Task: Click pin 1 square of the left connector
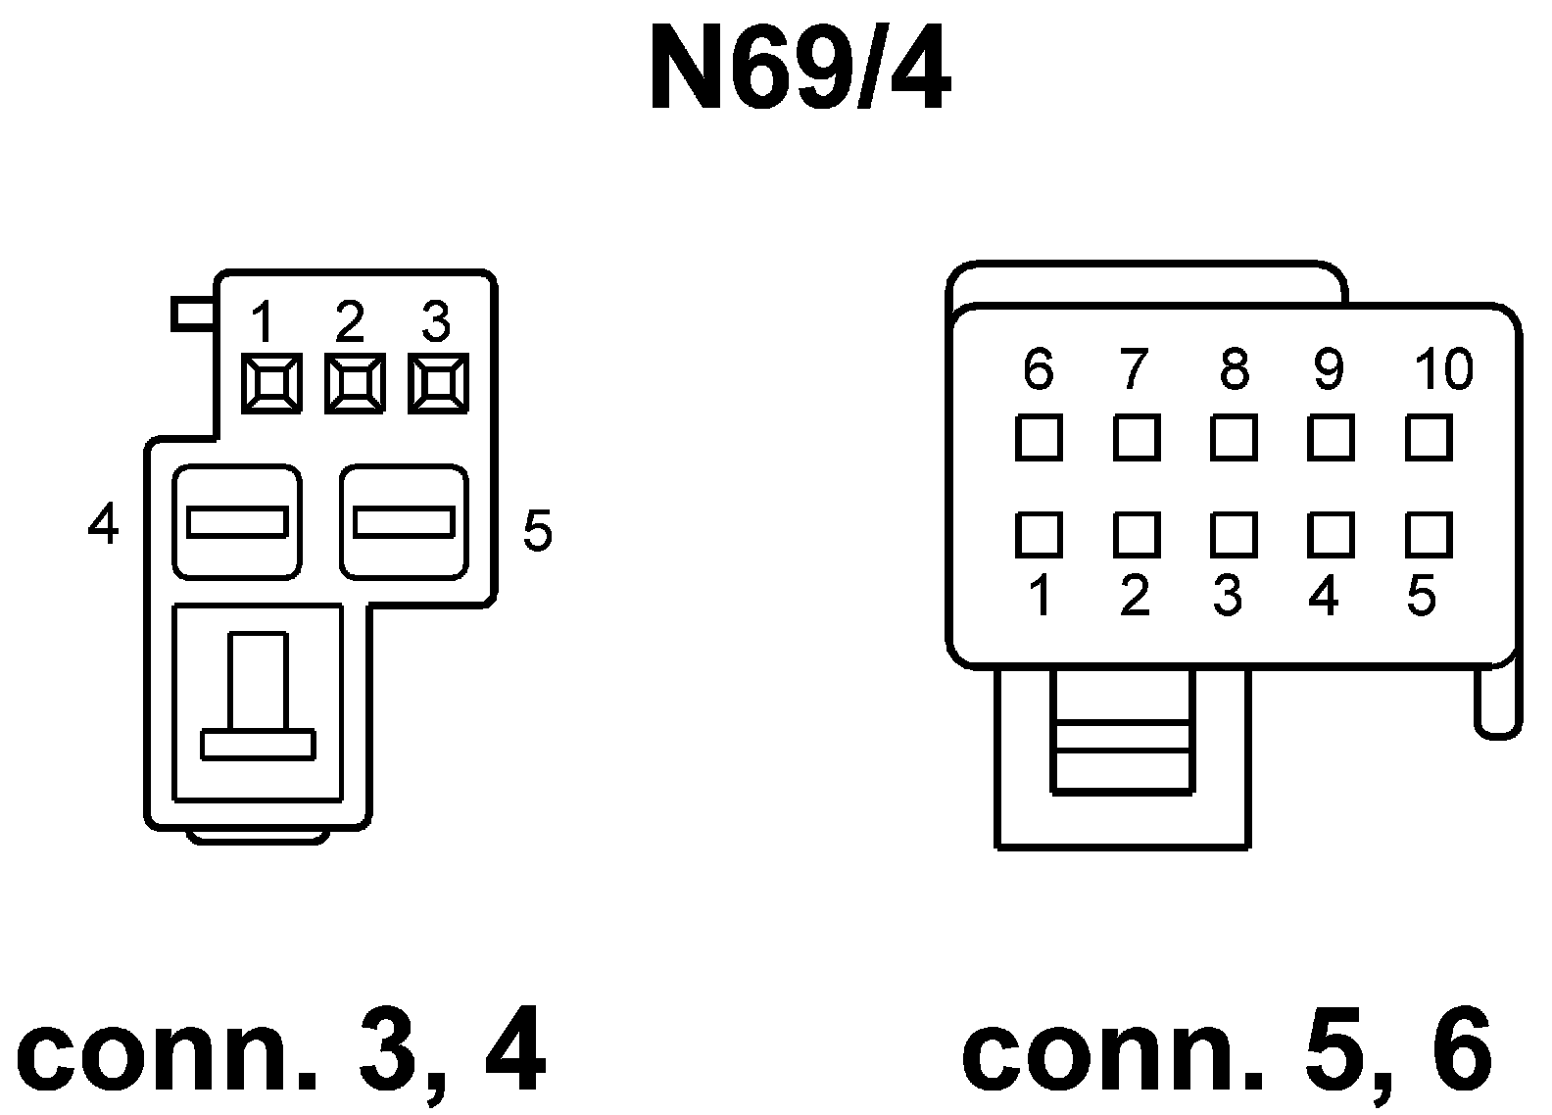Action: pyautogui.click(x=270, y=383)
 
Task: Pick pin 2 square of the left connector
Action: pyautogui.click(x=354, y=383)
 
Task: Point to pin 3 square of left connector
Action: pyautogui.click(x=437, y=383)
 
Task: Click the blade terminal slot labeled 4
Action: pyautogui.click(x=237, y=521)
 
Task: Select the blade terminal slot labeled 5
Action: pyautogui.click(x=404, y=521)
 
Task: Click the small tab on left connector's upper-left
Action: pyautogui.click(x=194, y=314)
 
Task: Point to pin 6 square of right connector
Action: pyautogui.click(x=1039, y=437)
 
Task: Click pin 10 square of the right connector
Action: pyautogui.click(x=1429, y=437)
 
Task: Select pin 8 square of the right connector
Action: pyautogui.click(x=1234, y=437)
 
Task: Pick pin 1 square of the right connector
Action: pyautogui.click(x=1039, y=535)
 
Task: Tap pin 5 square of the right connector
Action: pyautogui.click(x=1429, y=535)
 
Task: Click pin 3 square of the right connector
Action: pyautogui.click(x=1234, y=535)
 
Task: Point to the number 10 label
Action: pyautogui.click(x=1443, y=370)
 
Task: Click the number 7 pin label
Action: pyautogui.click(x=1133, y=370)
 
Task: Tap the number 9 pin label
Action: pyautogui.click(x=1328, y=370)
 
